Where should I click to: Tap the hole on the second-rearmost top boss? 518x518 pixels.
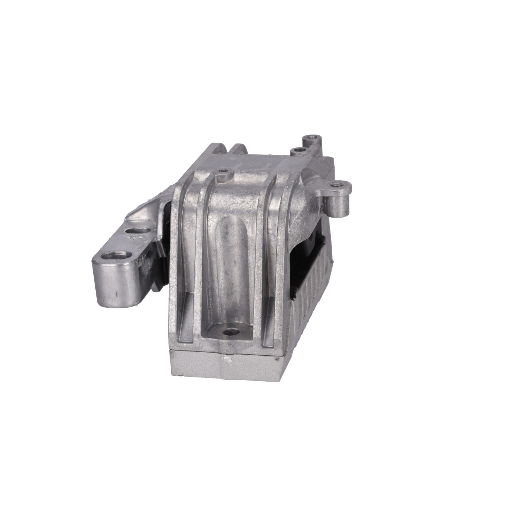297,151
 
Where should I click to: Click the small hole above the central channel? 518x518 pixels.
223,171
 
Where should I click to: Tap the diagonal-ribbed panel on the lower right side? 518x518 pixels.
311,304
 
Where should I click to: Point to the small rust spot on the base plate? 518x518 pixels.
275,359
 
